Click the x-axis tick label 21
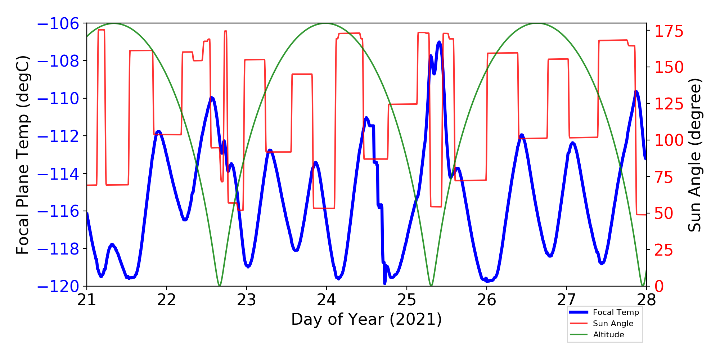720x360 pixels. click(87, 300)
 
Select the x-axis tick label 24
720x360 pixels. click(327, 300)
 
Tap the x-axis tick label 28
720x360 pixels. click(646, 300)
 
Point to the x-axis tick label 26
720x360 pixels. click(486, 300)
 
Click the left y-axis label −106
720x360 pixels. click(58, 24)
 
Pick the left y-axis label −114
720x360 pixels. click(58, 174)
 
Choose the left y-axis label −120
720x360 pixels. click(58, 287)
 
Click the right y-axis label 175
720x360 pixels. click(669, 31)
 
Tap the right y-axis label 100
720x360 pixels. click(669, 140)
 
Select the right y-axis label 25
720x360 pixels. click(663, 250)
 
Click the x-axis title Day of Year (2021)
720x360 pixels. click(366, 319)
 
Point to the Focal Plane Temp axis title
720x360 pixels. click(22, 155)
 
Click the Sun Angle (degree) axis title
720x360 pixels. click(695, 155)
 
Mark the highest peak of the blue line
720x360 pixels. click(439, 42)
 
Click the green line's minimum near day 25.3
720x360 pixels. click(431, 285)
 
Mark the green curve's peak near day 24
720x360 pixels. click(326, 24)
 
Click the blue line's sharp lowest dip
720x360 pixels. click(384, 283)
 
